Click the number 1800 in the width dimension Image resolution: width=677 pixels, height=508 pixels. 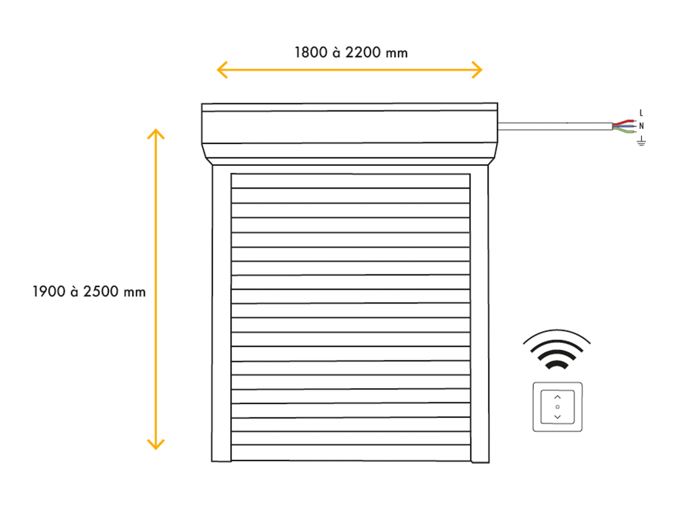(x=311, y=53)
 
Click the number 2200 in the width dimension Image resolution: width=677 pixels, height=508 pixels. (x=363, y=53)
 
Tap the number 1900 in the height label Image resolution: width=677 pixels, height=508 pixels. (x=49, y=292)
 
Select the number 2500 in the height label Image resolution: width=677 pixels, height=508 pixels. (x=100, y=292)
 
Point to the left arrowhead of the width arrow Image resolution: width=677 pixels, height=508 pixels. (x=222, y=69)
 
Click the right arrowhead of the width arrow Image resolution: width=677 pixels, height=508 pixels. (x=477, y=69)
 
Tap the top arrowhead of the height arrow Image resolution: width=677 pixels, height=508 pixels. (x=156, y=134)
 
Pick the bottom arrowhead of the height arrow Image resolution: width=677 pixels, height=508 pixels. (x=156, y=444)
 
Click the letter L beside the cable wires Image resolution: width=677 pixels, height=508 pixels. (x=641, y=112)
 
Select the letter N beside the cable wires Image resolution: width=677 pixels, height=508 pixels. (x=641, y=126)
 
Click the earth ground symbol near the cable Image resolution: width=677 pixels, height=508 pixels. (x=641, y=141)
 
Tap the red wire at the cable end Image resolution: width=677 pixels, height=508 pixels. (x=624, y=122)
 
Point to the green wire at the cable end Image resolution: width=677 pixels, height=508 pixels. (x=624, y=130)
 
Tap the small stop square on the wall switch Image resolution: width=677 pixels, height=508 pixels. (x=557, y=407)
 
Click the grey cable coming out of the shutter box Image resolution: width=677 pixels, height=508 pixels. (x=555, y=126)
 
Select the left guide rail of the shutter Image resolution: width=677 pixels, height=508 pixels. (x=221, y=314)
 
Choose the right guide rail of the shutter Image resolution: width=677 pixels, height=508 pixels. (x=480, y=314)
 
